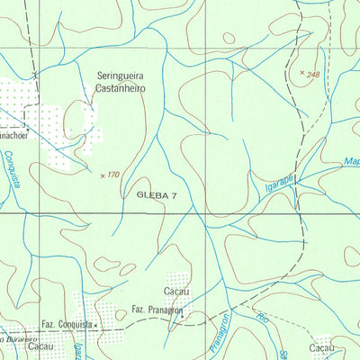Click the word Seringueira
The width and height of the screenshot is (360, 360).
click(x=126, y=76)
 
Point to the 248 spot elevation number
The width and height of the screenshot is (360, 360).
click(x=312, y=75)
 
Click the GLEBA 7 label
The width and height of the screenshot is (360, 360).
click(x=157, y=194)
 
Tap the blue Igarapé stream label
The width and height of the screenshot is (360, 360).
click(x=279, y=184)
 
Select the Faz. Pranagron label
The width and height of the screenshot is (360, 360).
click(x=156, y=310)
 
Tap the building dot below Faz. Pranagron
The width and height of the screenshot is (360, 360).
click(x=181, y=317)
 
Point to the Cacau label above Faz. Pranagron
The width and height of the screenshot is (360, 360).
click(x=176, y=292)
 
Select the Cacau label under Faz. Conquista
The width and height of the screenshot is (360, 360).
click(x=41, y=346)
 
